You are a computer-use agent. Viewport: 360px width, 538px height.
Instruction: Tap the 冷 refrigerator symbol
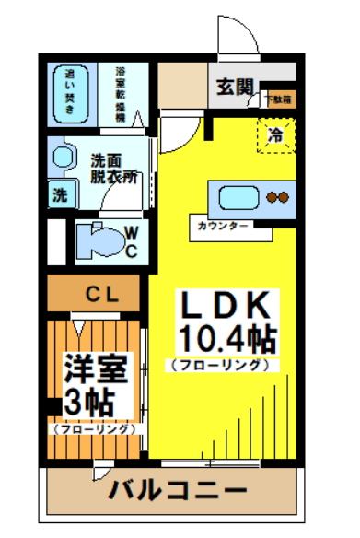click(275, 135)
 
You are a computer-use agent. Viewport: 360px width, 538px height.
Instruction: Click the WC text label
click(131, 241)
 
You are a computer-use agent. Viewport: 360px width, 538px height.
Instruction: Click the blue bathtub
click(70, 92)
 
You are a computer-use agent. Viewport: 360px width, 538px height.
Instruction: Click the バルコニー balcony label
click(177, 488)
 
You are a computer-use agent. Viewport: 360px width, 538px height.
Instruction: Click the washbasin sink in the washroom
click(62, 156)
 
